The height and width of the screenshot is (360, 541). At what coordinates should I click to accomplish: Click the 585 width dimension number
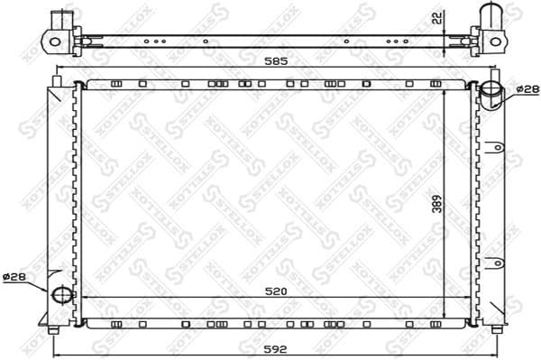point(275,62)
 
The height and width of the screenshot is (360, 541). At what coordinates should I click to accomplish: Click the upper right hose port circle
point(491,90)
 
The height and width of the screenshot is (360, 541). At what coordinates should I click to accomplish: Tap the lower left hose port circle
point(60,294)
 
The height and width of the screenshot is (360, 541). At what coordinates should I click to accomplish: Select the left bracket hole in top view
point(54,41)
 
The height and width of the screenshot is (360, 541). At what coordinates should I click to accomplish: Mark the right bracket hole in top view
point(493,40)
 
